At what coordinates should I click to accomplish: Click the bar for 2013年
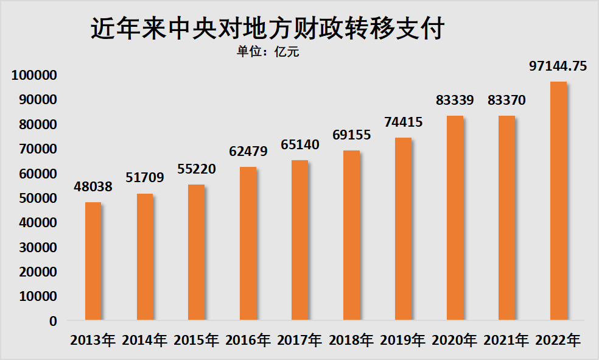(93, 261)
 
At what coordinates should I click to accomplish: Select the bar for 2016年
(248, 243)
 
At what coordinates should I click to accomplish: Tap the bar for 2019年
(403, 228)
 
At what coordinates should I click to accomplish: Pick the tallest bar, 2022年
(558, 200)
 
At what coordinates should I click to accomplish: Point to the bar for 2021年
(506, 217)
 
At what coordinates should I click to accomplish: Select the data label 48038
(93, 186)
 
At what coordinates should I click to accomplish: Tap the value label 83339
(455, 100)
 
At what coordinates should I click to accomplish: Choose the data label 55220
(197, 169)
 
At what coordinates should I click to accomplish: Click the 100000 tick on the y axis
(34, 75)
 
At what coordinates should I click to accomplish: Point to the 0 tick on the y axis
(54, 321)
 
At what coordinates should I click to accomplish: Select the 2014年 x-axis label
(144, 340)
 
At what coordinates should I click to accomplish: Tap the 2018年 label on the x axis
(351, 340)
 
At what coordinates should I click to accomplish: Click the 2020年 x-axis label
(455, 340)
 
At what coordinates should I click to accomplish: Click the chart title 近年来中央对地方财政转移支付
(268, 29)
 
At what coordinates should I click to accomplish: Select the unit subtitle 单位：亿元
(268, 52)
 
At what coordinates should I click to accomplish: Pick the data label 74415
(403, 122)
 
